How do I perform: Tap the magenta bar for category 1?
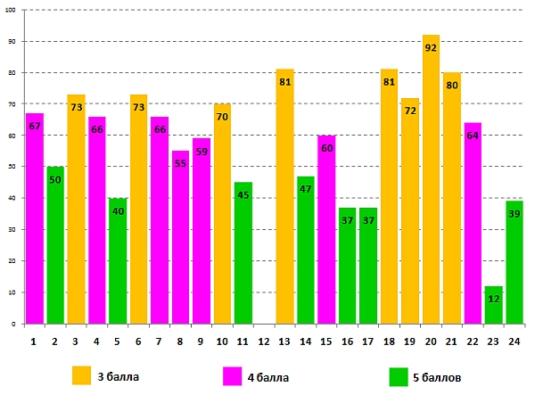(35, 223)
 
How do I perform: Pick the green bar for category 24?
(514, 267)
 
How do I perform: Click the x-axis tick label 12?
(264, 341)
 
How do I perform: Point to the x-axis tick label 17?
(368, 341)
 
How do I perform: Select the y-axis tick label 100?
(12, 11)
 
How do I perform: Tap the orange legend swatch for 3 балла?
(82, 375)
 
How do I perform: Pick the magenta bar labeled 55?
(180, 241)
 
